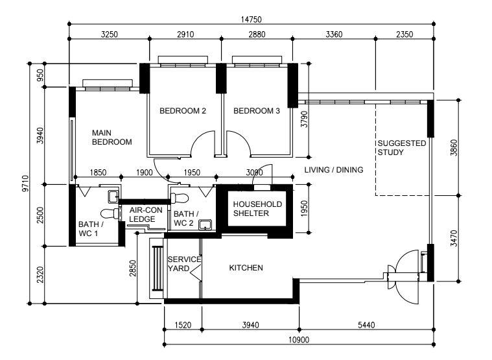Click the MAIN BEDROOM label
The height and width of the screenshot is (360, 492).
(x=111, y=137)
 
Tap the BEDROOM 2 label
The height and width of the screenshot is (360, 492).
(x=183, y=111)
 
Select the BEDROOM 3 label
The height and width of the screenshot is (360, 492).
(x=257, y=111)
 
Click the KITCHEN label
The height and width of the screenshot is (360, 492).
(x=246, y=267)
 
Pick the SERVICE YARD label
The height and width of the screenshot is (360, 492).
(x=184, y=263)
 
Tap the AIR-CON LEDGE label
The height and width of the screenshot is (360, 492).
(x=142, y=215)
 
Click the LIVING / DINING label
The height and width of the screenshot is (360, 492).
(x=333, y=170)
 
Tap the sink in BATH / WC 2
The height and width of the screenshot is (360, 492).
(x=206, y=225)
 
